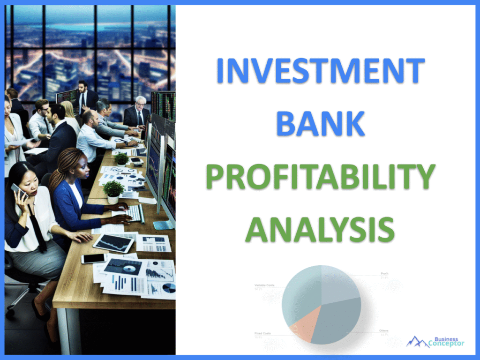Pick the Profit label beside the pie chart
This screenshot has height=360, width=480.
[384, 273]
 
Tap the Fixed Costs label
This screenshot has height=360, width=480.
[263, 333]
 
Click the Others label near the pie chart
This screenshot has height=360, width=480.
[383, 331]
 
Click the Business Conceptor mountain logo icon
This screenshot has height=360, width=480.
[417, 342]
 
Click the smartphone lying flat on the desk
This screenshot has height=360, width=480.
[94, 258]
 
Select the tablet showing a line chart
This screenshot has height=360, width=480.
[113, 242]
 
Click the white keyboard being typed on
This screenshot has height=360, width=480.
[134, 213]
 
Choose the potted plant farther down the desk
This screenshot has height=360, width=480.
[121, 159]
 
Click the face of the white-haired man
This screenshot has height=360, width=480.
[140, 104]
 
